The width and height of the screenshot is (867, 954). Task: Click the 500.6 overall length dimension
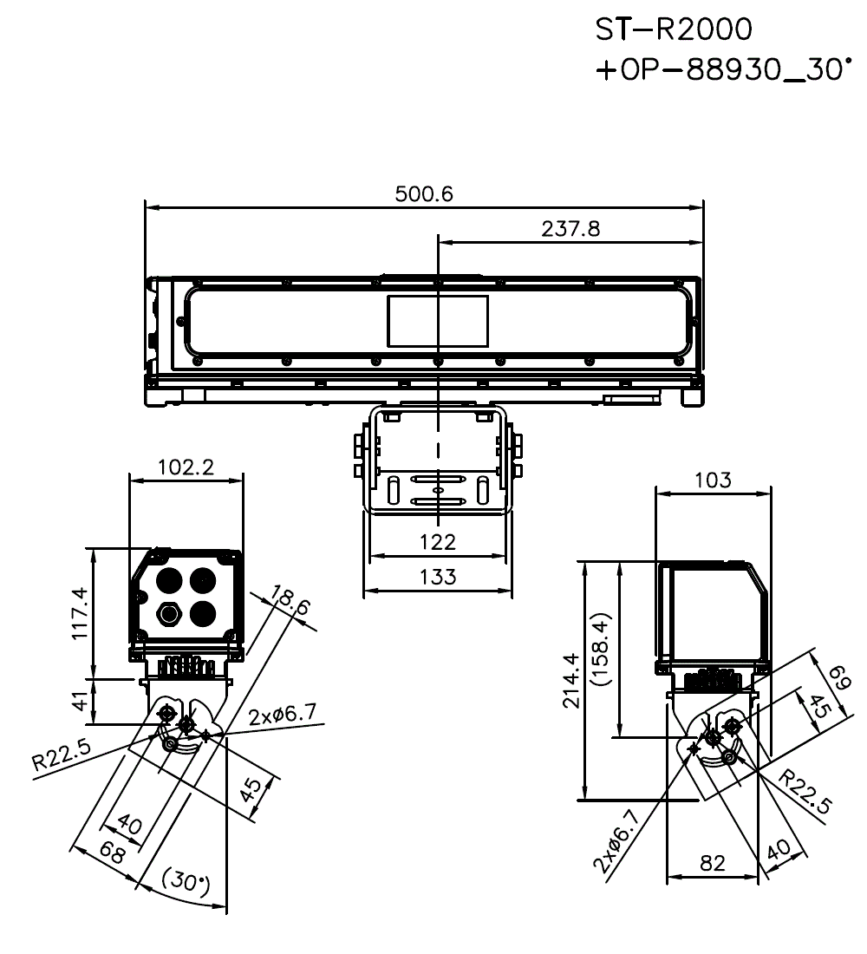[424, 194]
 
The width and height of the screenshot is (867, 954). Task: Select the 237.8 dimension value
[570, 229]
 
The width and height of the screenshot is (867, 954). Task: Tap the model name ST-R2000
[674, 29]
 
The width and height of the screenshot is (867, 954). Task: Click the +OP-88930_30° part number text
[719, 69]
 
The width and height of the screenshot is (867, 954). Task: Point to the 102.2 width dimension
[186, 467]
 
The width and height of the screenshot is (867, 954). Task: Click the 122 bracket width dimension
[438, 542]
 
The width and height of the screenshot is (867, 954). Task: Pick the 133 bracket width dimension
[438, 577]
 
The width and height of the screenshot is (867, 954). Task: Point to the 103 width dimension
[713, 480]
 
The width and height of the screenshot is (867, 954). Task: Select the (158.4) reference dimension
[604, 649]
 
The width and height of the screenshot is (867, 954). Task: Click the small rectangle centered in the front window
[437, 321]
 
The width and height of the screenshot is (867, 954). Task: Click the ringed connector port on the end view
[169, 614]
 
